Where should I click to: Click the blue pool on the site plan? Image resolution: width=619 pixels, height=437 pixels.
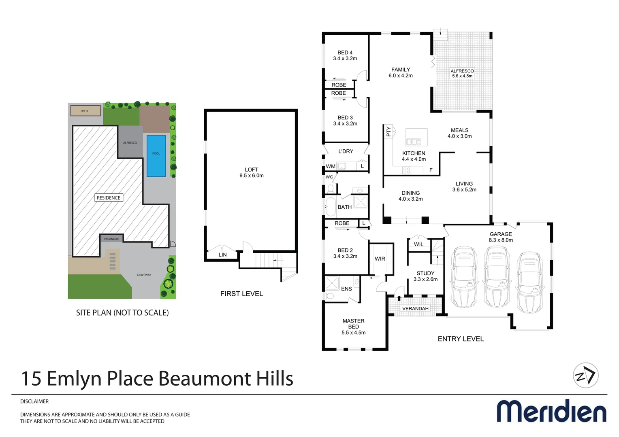click(156, 156)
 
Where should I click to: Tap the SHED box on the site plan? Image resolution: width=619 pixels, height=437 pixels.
click(85, 110)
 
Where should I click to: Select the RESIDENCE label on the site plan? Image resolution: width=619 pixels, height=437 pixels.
click(109, 198)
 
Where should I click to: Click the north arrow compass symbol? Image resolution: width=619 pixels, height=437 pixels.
click(586, 375)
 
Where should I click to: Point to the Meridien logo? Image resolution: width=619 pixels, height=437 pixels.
click(551, 411)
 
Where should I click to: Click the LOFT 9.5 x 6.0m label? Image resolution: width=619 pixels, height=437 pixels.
click(252, 173)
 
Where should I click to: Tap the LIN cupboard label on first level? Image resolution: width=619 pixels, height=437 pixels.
click(222, 255)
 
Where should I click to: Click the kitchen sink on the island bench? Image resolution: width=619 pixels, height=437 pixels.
click(414, 142)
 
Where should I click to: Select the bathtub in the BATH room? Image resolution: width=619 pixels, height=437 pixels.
click(330, 207)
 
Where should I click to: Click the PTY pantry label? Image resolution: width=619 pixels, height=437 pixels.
click(388, 132)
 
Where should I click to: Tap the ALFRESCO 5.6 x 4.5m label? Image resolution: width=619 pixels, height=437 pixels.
click(462, 73)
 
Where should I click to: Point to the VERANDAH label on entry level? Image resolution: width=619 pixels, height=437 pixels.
click(415, 308)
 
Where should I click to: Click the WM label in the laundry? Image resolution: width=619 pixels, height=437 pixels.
click(331, 166)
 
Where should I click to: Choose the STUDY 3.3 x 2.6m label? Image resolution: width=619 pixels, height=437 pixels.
click(425, 276)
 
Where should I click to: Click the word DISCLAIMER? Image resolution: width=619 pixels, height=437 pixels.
click(34, 401)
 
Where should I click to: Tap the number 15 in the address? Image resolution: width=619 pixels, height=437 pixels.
click(31, 379)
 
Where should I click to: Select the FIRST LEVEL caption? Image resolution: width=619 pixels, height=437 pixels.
click(241, 294)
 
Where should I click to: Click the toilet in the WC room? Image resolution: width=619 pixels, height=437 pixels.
click(330, 188)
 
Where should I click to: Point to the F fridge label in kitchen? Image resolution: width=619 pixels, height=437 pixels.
click(431, 170)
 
